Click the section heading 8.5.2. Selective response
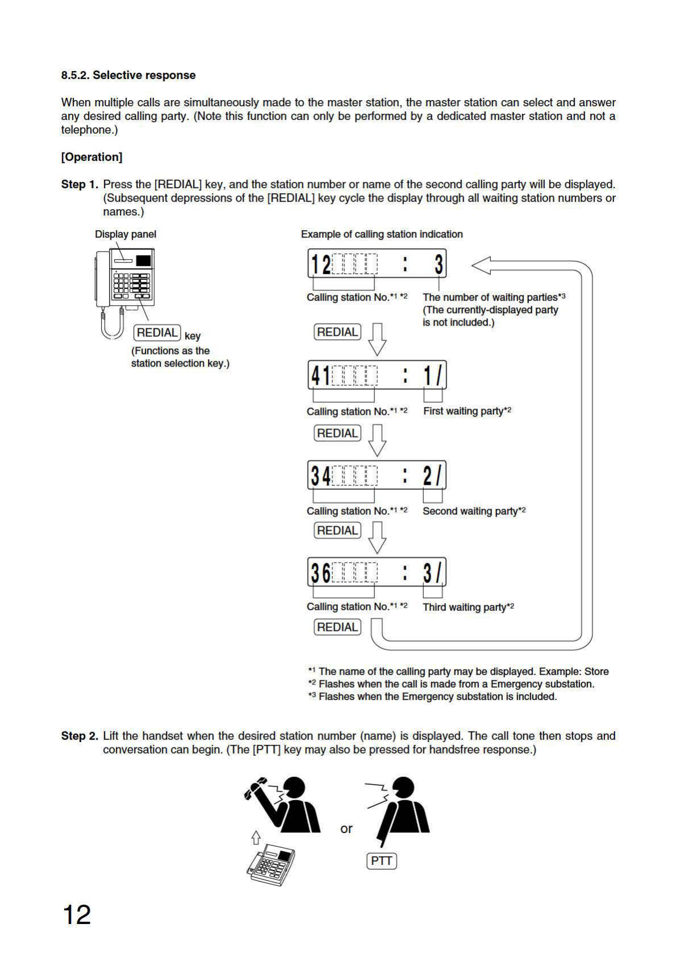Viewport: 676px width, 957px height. (x=128, y=75)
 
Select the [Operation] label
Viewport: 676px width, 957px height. (x=91, y=157)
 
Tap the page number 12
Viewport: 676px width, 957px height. (x=77, y=915)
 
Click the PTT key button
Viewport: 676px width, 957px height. (x=381, y=860)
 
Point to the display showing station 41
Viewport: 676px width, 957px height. (x=377, y=375)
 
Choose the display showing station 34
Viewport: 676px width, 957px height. (x=377, y=475)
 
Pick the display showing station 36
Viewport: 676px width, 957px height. (x=377, y=572)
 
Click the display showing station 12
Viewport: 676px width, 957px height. (x=377, y=264)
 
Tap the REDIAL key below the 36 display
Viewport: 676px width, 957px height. (x=337, y=627)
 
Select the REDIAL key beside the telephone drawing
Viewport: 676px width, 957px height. (x=157, y=332)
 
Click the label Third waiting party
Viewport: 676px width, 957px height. (x=468, y=607)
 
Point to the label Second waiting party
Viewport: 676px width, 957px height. (x=474, y=511)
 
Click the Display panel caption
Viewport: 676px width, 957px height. (x=126, y=234)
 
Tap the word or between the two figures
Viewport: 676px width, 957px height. (x=346, y=829)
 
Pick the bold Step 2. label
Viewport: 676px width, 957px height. (x=80, y=736)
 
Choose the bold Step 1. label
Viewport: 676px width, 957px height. (x=80, y=185)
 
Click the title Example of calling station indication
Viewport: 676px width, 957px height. (x=382, y=234)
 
